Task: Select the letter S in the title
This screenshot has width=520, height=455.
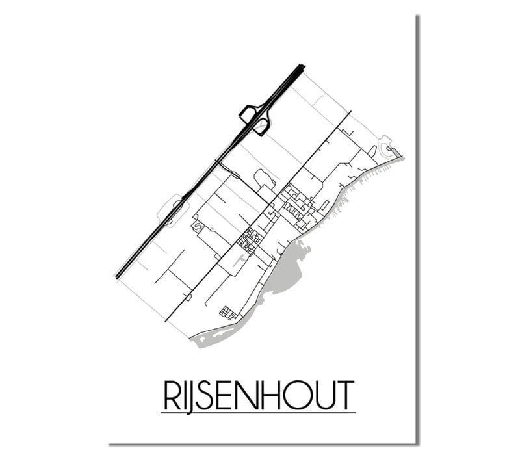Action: click(x=209, y=394)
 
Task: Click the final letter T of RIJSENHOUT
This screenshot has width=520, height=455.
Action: click(x=344, y=394)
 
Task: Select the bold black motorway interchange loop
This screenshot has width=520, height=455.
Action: click(x=255, y=118)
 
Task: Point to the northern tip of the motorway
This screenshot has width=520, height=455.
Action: click(x=301, y=66)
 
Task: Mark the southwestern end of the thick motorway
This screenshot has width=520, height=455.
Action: click(x=119, y=276)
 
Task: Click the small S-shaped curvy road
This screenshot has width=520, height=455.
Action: click(x=196, y=226)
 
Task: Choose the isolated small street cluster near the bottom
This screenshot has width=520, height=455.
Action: click(x=227, y=312)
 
